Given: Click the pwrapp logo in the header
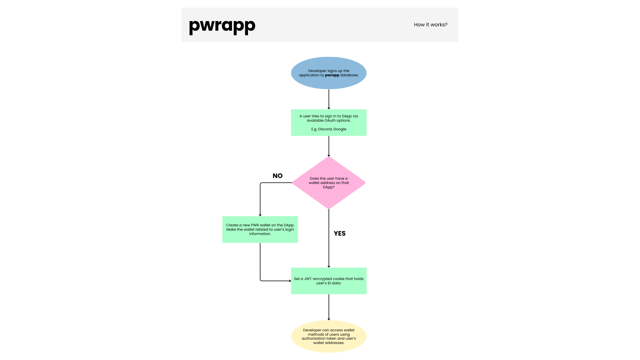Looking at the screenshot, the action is [222, 26].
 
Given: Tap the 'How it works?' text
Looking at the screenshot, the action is [431, 25].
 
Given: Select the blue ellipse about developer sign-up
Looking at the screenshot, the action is [329, 73].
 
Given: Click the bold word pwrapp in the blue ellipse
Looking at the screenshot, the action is [332, 75].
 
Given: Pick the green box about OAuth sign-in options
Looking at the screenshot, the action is [329, 123].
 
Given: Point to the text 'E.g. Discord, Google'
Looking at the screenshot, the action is [329, 129].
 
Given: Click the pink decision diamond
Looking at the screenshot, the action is [329, 183].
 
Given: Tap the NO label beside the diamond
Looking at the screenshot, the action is [278, 176].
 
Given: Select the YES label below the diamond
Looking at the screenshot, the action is [340, 234].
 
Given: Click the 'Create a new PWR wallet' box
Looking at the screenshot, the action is [260, 229].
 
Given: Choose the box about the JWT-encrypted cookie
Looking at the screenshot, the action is [329, 281].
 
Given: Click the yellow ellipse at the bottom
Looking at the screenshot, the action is [329, 336].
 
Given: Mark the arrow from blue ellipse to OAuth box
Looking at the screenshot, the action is [329, 99].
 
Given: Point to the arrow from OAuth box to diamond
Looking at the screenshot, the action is [329, 146].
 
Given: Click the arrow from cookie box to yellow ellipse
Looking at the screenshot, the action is [329, 307].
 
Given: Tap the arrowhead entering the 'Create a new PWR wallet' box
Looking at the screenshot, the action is [260, 215].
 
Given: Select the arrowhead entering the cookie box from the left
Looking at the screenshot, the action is [290, 281].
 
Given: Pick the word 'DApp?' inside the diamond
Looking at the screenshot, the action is [329, 187].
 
